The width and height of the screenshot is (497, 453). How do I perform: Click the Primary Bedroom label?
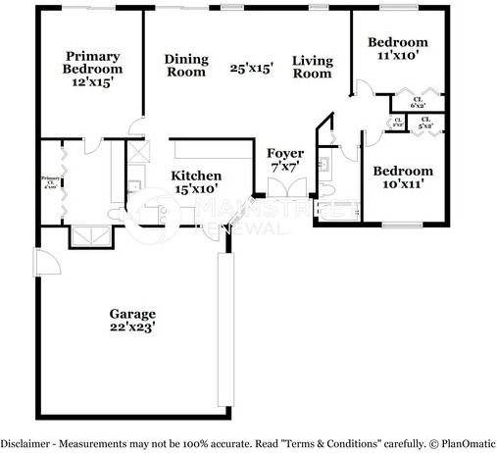click(x=93, y=70)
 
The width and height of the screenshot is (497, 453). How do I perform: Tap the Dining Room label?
click(x=185, y=65)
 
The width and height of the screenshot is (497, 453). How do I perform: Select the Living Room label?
click(x=313, y=67)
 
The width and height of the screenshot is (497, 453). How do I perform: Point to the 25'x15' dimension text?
click(x=251, y=69)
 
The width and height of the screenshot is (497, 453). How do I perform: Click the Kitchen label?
click(x=196, y=179)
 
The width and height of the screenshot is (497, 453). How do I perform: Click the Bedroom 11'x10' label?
click(x=397, y=49)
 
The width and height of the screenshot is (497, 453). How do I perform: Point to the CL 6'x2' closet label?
click(x=418, y=102)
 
